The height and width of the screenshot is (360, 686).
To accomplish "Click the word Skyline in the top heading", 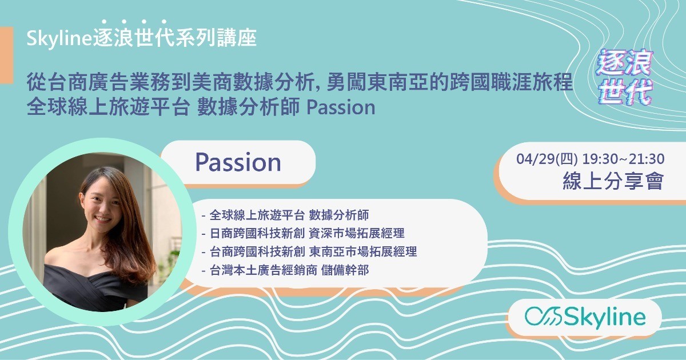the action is click(x=59, y=39).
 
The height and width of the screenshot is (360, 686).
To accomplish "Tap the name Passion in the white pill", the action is click(x=238, y=162).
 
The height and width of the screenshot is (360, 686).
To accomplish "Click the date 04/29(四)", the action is click(x=547, y=159).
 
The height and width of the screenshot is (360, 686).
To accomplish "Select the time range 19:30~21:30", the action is click(x=623, y=159).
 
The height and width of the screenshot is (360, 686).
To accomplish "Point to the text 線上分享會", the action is click(x=613, y=181).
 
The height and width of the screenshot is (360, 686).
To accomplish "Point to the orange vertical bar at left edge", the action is click(x=6, y=55).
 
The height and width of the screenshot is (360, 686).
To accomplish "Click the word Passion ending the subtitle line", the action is click(x=341, y=107).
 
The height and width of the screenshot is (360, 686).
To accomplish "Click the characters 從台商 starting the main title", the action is click(x=57, y=82).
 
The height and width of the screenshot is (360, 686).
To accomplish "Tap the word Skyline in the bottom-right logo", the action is click(x=605, y=317).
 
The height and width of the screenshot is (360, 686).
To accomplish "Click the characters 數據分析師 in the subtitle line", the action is click(x=248, y=107).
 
